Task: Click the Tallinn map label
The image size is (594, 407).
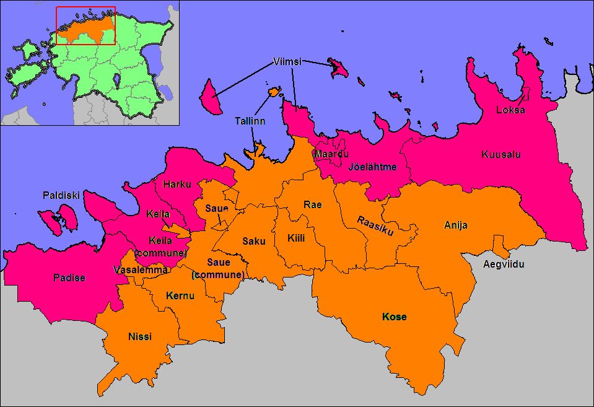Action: click(250, 121)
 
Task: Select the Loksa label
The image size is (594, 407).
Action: click(510, 110)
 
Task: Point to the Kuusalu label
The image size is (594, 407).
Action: click(499, 154)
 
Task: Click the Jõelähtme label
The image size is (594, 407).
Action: click(372, 166)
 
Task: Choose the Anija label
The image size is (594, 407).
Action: click(455, 225)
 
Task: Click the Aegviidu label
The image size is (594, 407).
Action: click(504, 265)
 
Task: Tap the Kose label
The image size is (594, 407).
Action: click(395, 317)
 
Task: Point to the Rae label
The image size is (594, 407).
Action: click(312, 205)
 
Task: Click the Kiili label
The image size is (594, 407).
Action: click(296, 237)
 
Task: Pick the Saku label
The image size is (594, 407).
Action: click(253, 240)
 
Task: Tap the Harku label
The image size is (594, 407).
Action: click(177, 184)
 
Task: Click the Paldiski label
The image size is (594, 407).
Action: click(61, 195)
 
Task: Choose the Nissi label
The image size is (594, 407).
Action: click(139, 336)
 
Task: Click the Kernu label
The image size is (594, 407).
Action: click(180, 295)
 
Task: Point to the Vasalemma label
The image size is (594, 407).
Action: click(141, 269)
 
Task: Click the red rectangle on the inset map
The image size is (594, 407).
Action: click(85, 25)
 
